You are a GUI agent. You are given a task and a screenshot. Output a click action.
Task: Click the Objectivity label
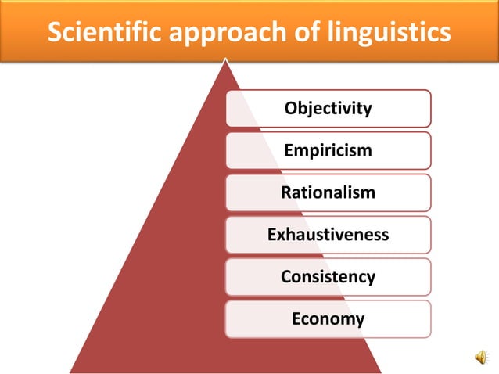click(328, 108)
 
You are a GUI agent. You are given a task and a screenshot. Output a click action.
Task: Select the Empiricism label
click(328, 150)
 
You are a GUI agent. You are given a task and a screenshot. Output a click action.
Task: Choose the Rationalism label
click(328, 192)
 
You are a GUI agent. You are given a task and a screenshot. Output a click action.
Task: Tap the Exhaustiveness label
click(328, 235)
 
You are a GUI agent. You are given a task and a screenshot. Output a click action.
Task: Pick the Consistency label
click(328, 277)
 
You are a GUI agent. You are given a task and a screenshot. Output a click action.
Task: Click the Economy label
click(328, 319)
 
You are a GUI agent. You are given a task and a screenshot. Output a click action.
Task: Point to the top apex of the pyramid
click(225, 59)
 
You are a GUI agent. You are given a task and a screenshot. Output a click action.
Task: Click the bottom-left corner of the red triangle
click(70, 372)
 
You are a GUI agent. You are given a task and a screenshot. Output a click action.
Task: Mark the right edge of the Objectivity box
click(430, 108)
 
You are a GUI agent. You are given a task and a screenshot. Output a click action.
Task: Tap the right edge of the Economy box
click(430, 319)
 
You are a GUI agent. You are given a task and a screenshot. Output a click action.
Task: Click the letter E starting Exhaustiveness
click(271, 235)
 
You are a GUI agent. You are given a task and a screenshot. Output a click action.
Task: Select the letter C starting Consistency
click(285, 277)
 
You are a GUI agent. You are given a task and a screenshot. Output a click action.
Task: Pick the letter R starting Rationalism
click(285, 192)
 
